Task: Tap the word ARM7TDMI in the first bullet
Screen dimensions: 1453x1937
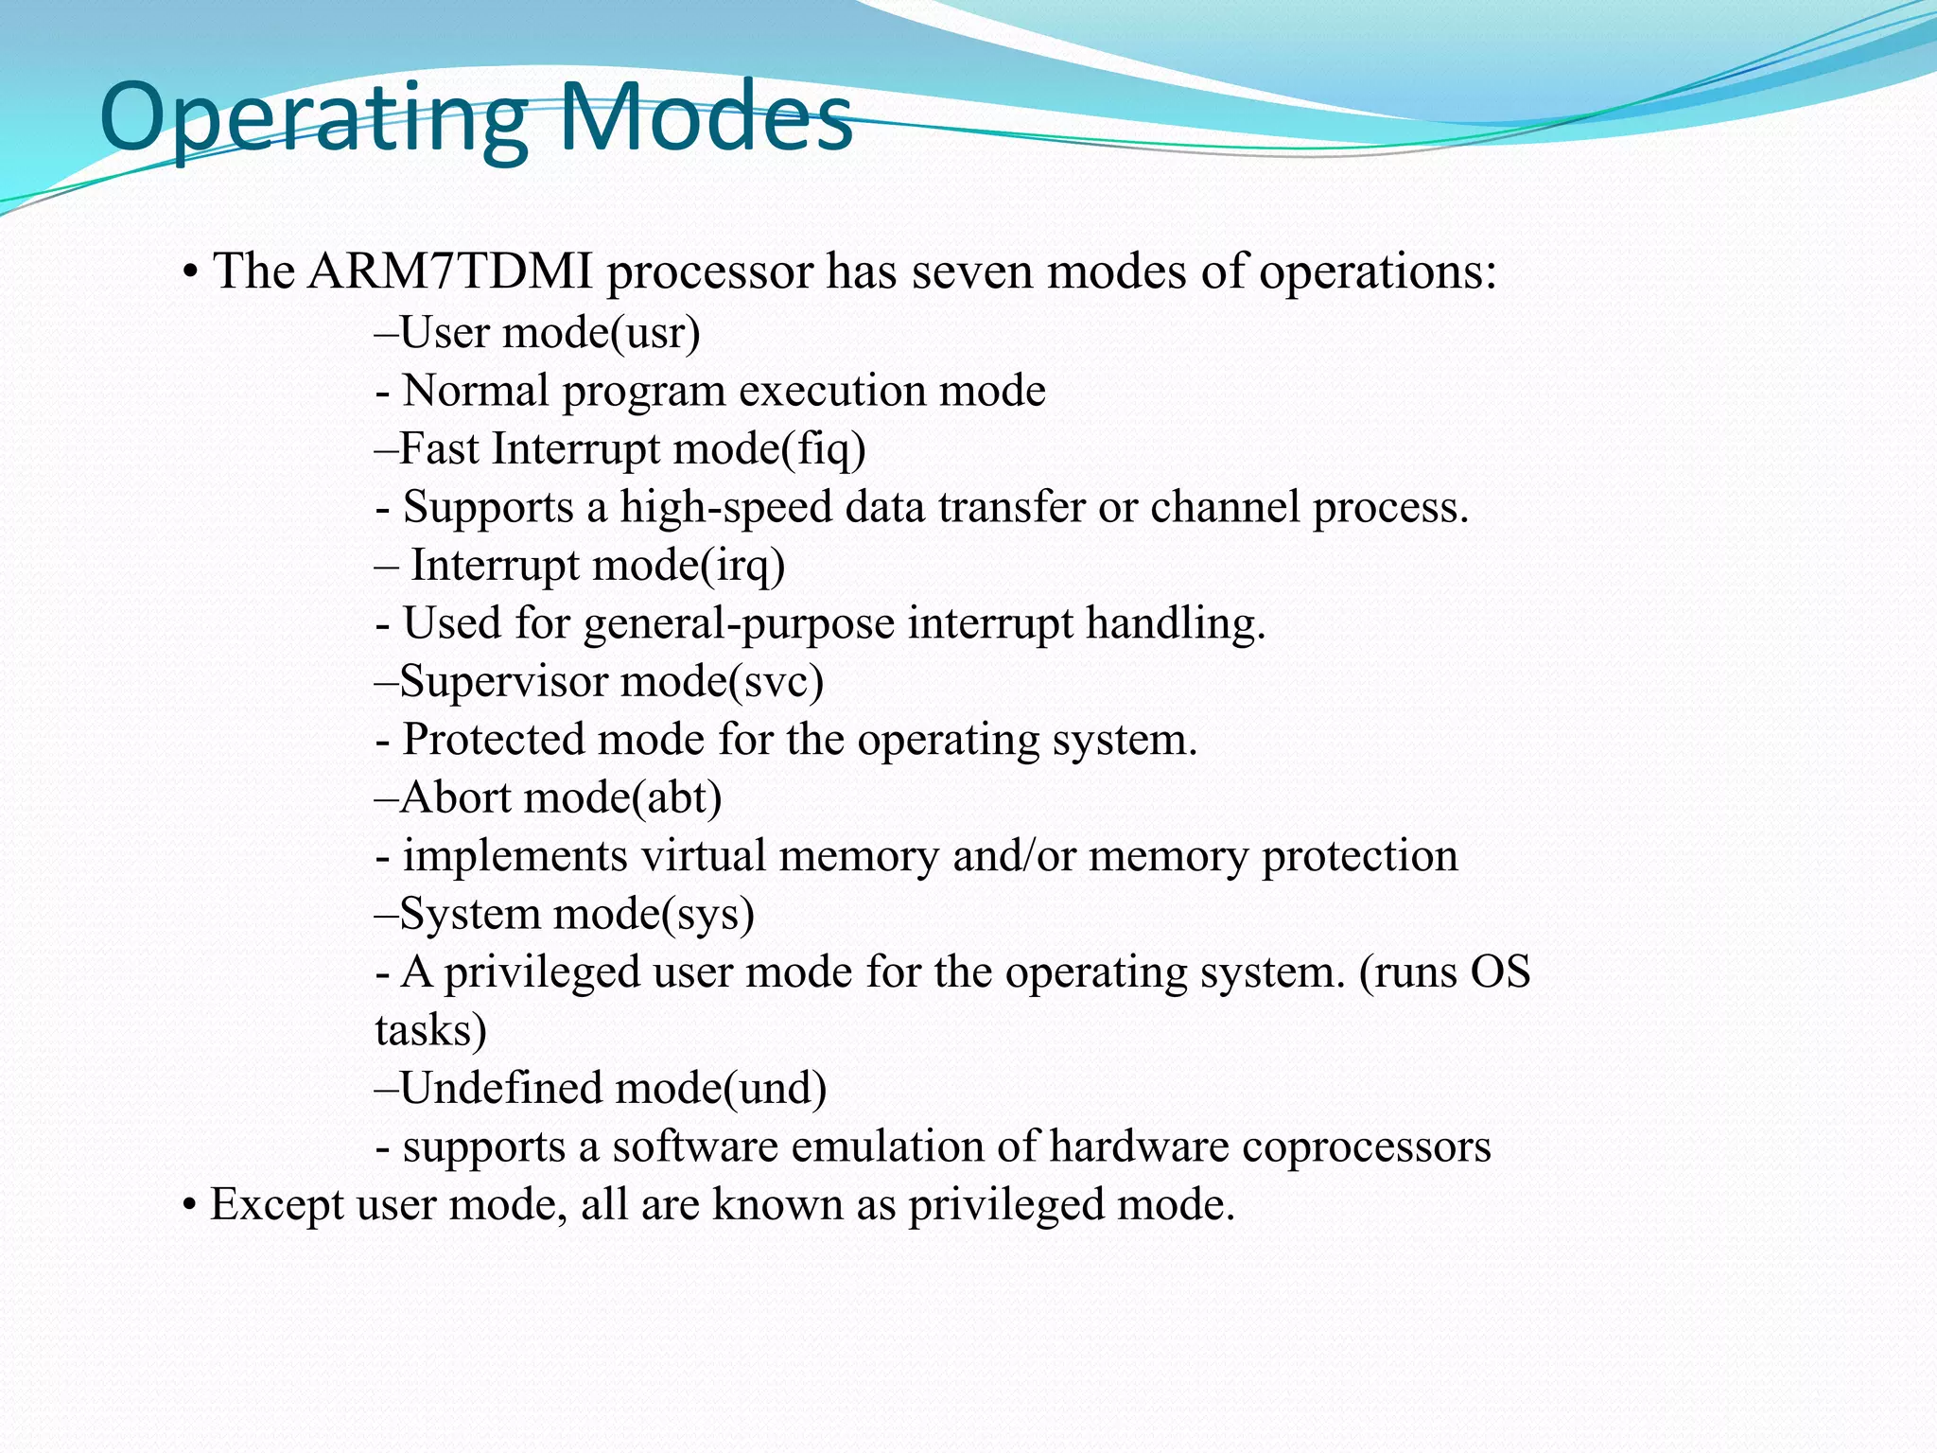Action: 450,272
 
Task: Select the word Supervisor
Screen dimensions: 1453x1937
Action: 503,682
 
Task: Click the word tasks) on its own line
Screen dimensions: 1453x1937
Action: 430,1031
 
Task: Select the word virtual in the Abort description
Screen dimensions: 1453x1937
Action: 703,856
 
